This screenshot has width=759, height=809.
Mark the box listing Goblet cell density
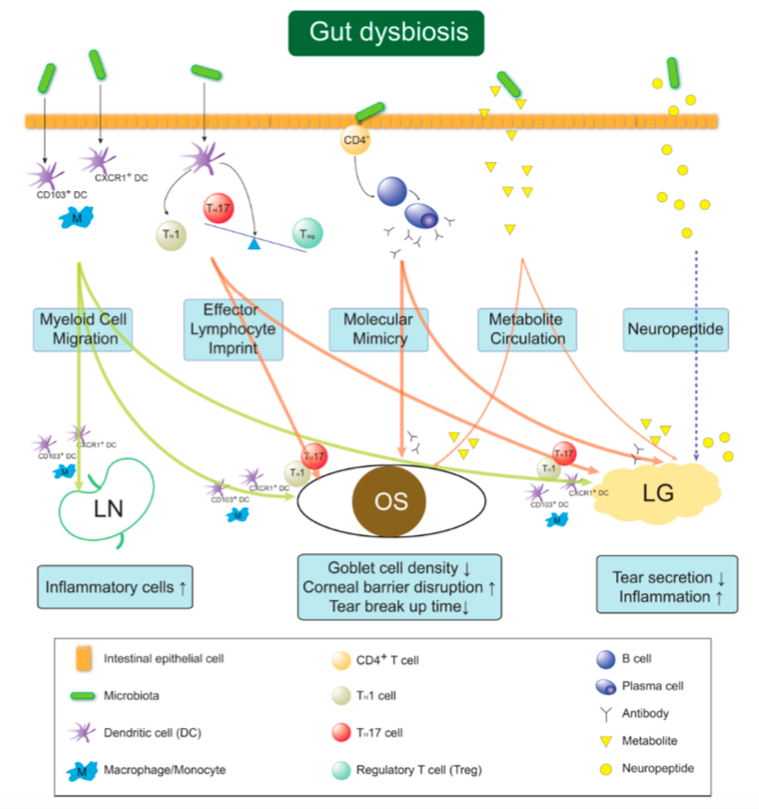click(x=399, y=586)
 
